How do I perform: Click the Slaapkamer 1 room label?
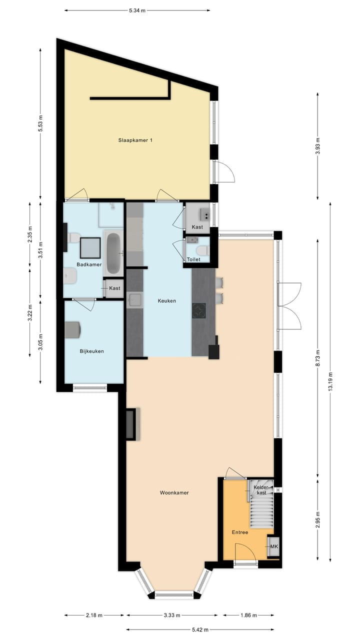[135, 140]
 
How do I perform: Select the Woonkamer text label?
[174, 492]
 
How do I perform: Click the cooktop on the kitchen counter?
[199, 310]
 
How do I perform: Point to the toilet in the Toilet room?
[202, 250]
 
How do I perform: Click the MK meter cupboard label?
[273, 547]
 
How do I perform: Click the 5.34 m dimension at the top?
[137, 10]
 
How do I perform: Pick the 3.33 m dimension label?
[171, 615]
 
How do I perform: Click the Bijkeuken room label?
[92, 351]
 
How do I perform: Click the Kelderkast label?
[261, 489]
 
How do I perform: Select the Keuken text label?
[167, 301]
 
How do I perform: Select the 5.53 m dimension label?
[40, 123]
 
